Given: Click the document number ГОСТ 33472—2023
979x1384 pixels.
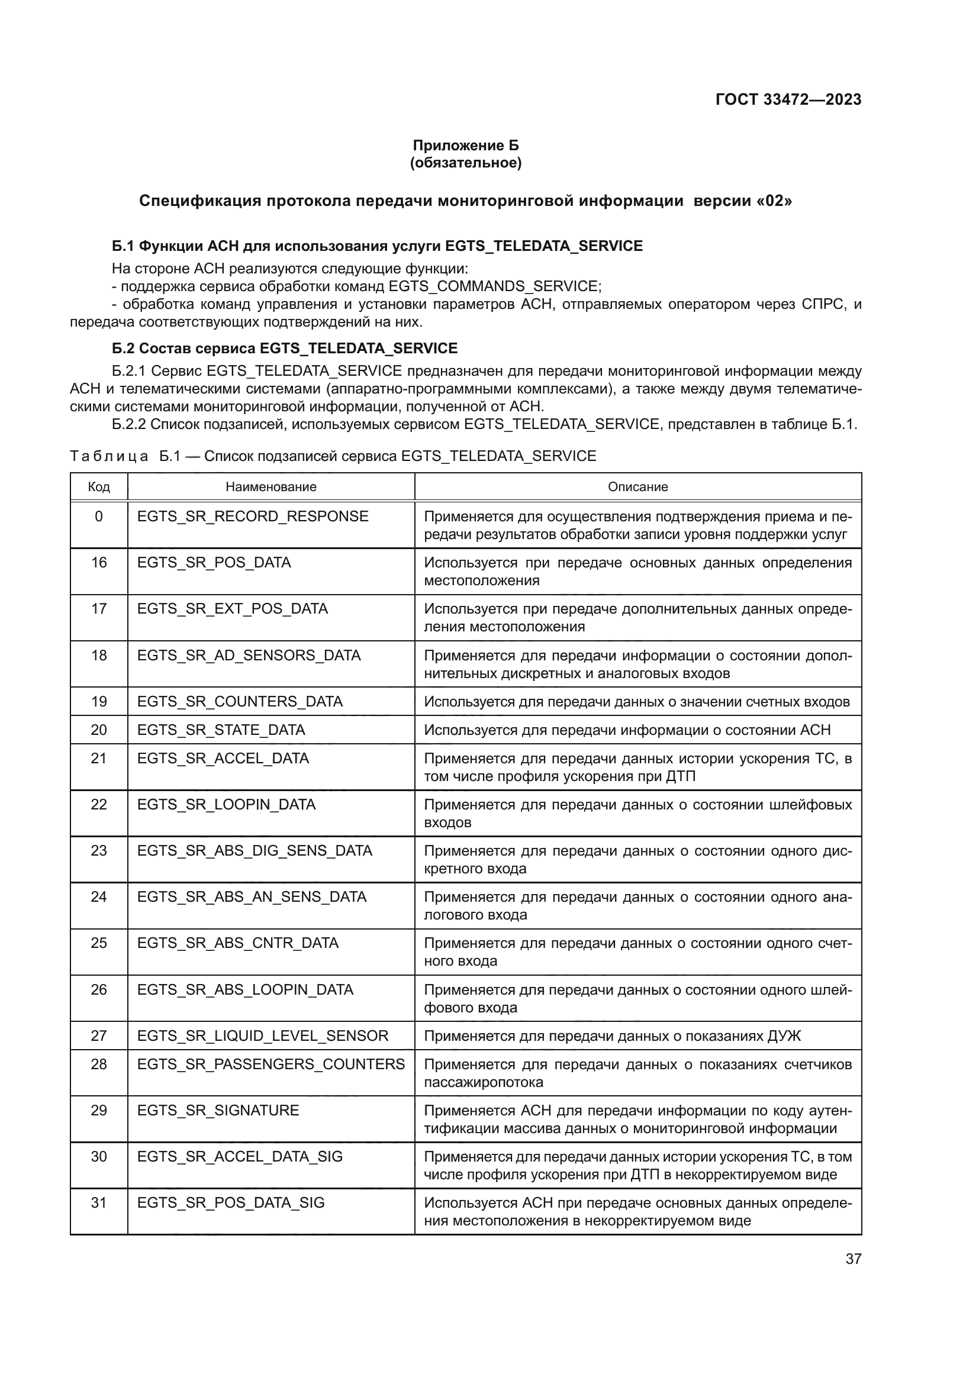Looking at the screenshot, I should pyautogui.click(x=788, y=99).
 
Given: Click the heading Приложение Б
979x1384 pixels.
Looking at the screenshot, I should pyautogui.click(x=465, y=146).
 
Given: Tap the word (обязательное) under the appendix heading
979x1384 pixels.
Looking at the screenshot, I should pyautogui.click(x=465, y=163).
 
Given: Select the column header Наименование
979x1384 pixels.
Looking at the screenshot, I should pyautogui.click(x=270, y=486).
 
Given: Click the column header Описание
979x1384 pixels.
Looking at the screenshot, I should pyautogui.click(x=638, y=486).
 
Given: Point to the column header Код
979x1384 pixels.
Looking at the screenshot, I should pyautogui.click(x=99, y=486).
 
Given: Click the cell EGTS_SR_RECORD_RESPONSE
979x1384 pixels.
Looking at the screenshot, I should pyautogui.click(x=253, y=517).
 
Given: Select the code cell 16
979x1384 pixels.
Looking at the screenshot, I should pyautogui.click(x=99, y=562).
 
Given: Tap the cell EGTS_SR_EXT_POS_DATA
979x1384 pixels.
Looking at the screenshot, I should pyautogui.click(x=233, y=609).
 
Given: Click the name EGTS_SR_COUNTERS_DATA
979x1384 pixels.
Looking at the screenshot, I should pyautogui.click(x=240, y=702).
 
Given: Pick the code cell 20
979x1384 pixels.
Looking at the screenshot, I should pyautogui.click(x=99, y=730).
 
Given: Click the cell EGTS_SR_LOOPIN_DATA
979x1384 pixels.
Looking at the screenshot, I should pyautogui.click(x=227, y=805).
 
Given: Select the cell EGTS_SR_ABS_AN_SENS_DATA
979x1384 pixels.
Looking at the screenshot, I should pyautogui.click(x=252, y=897).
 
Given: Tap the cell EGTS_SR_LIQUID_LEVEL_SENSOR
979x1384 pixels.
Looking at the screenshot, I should pyautogui.click(x=263, y=1035).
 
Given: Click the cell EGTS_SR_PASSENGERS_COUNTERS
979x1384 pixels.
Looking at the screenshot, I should pyautogui.click(x=270, y=1064).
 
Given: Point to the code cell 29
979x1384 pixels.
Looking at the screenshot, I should pyautogui.click(x=99, y=1110).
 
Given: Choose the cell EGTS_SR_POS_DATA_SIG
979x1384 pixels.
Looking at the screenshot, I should pyautogui.click(x=231, y=1202).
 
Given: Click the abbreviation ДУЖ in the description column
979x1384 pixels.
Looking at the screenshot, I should pyautogui.click(x=784, y=1036).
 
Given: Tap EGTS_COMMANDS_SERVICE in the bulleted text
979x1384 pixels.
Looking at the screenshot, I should pyautogui.click(x=494, y=286).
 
